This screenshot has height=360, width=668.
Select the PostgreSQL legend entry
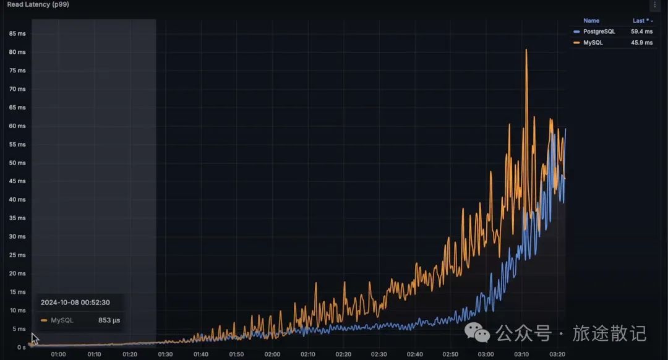(599, 31)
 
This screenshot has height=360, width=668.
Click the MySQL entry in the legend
(593, 43)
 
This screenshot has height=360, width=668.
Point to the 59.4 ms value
(641, 31)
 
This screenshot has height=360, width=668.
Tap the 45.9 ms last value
(641, 43)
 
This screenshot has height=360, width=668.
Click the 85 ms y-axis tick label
(17, 33)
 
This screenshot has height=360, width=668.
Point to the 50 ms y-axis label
(17, 163)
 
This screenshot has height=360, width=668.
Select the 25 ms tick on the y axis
(17, 255)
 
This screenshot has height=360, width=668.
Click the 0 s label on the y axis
(21, 347)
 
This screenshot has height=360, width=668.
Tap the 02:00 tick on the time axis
(272, 354)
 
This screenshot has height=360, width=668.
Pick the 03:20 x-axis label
(557, 354)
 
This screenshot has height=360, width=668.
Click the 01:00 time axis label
(58, 354)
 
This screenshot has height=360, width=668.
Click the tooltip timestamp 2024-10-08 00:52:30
(75, 302)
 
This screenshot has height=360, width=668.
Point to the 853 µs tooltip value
(109, 320)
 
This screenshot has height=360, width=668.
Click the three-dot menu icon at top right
(655, 5)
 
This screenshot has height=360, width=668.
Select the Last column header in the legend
(640, 20)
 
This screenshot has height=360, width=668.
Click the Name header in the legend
(591, 20)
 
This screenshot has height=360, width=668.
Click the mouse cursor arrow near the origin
(35, 338)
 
